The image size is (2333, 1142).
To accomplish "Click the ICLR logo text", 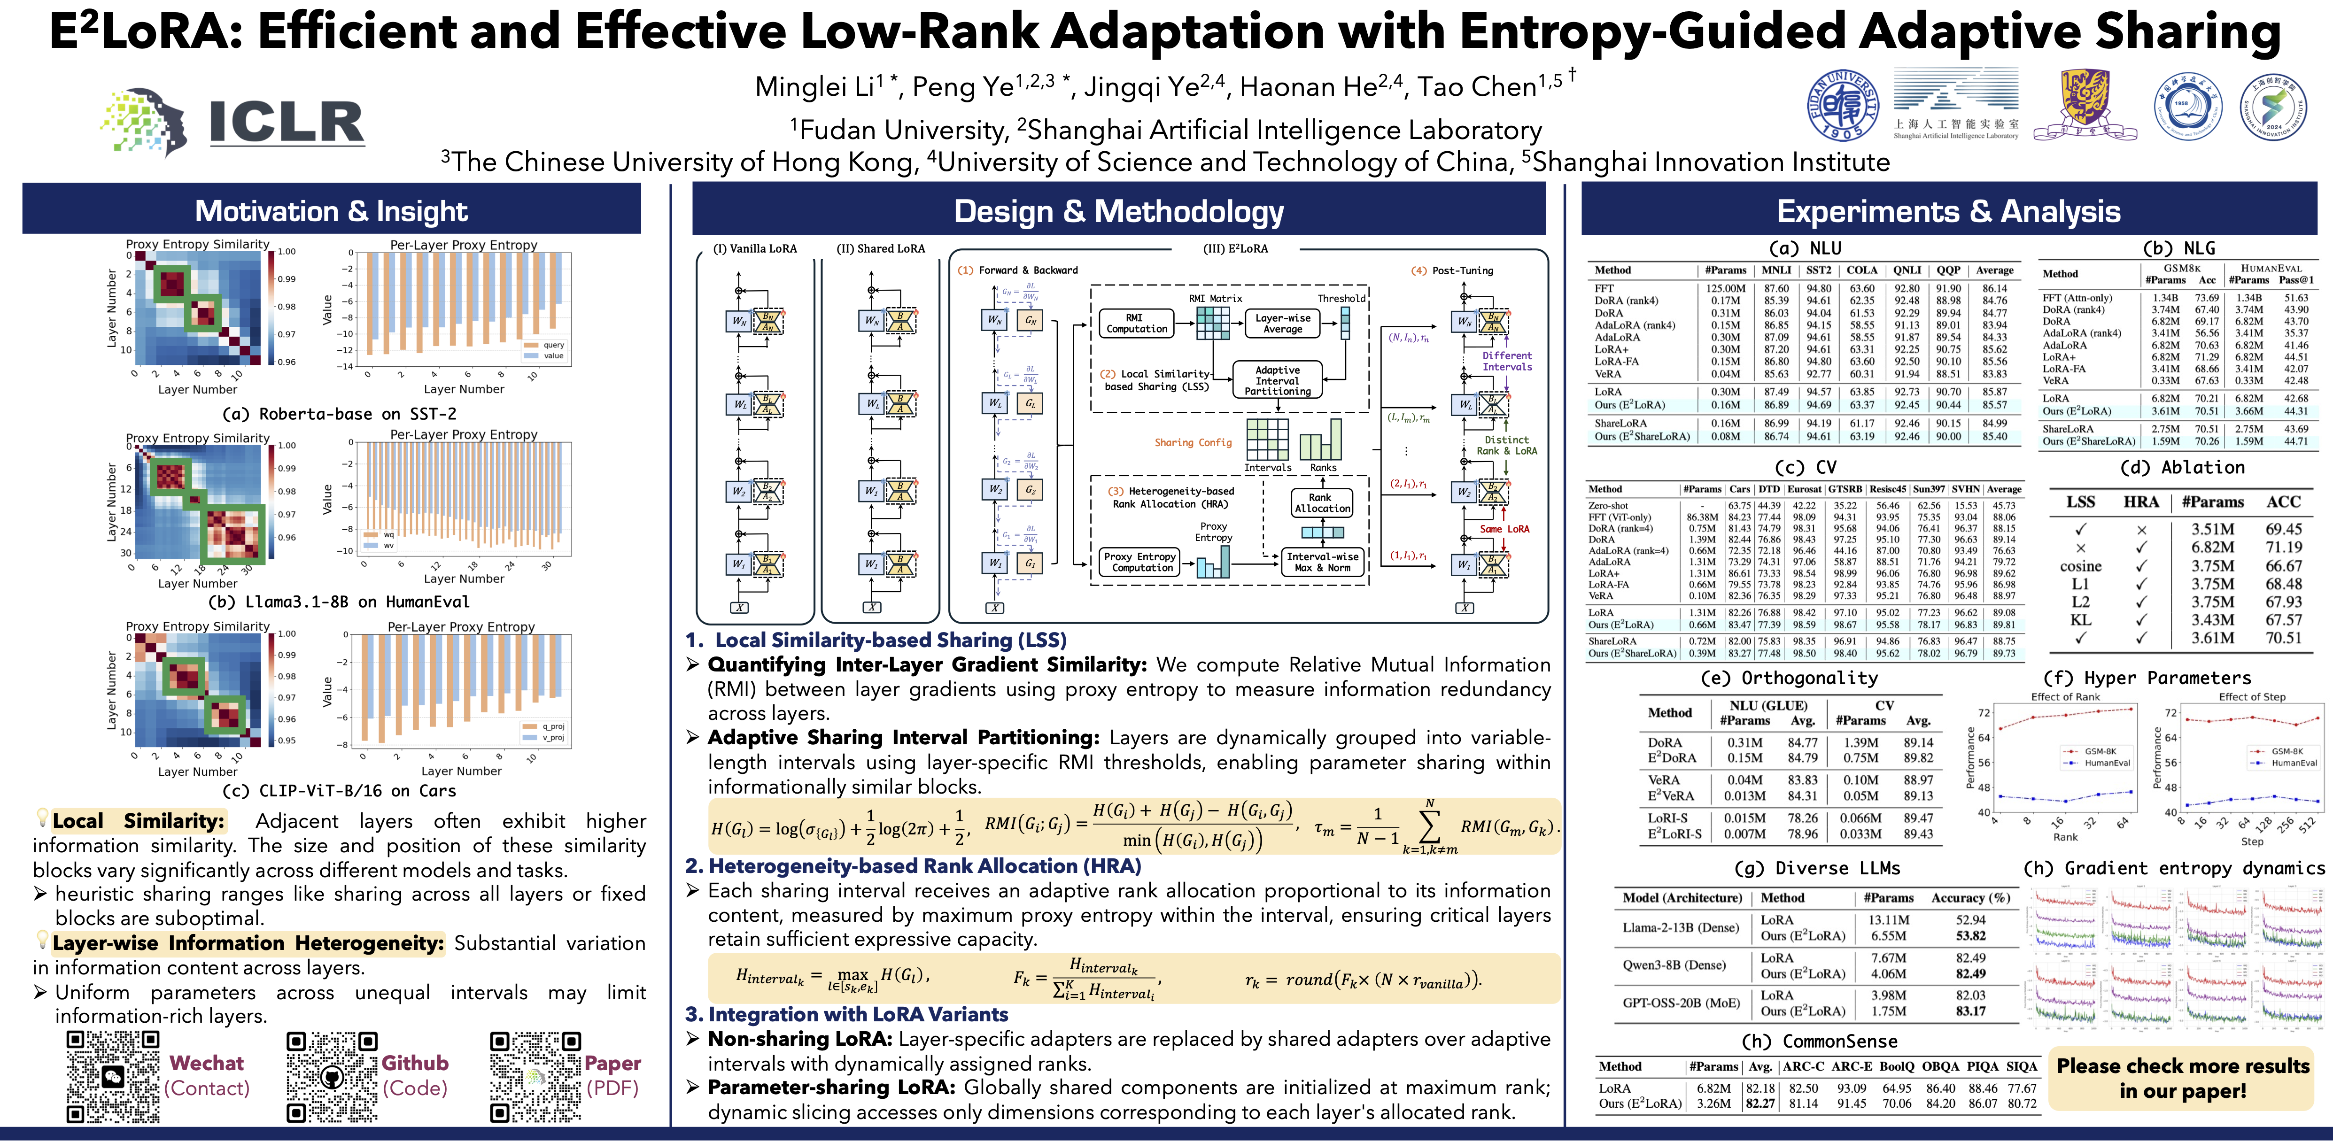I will click(286, 122).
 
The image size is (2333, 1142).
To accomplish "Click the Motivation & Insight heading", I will click(332, 211).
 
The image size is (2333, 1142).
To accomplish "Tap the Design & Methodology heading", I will click(1118, 211).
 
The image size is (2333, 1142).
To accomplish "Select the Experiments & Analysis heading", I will click(1948, 211).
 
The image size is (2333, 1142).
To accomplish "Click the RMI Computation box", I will click(1136, 324).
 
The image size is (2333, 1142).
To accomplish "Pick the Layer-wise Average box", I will click(1282, 324).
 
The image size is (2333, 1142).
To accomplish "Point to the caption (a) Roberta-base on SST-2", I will click(340, 414).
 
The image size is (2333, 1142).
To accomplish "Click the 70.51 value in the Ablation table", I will click(2283, 638).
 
